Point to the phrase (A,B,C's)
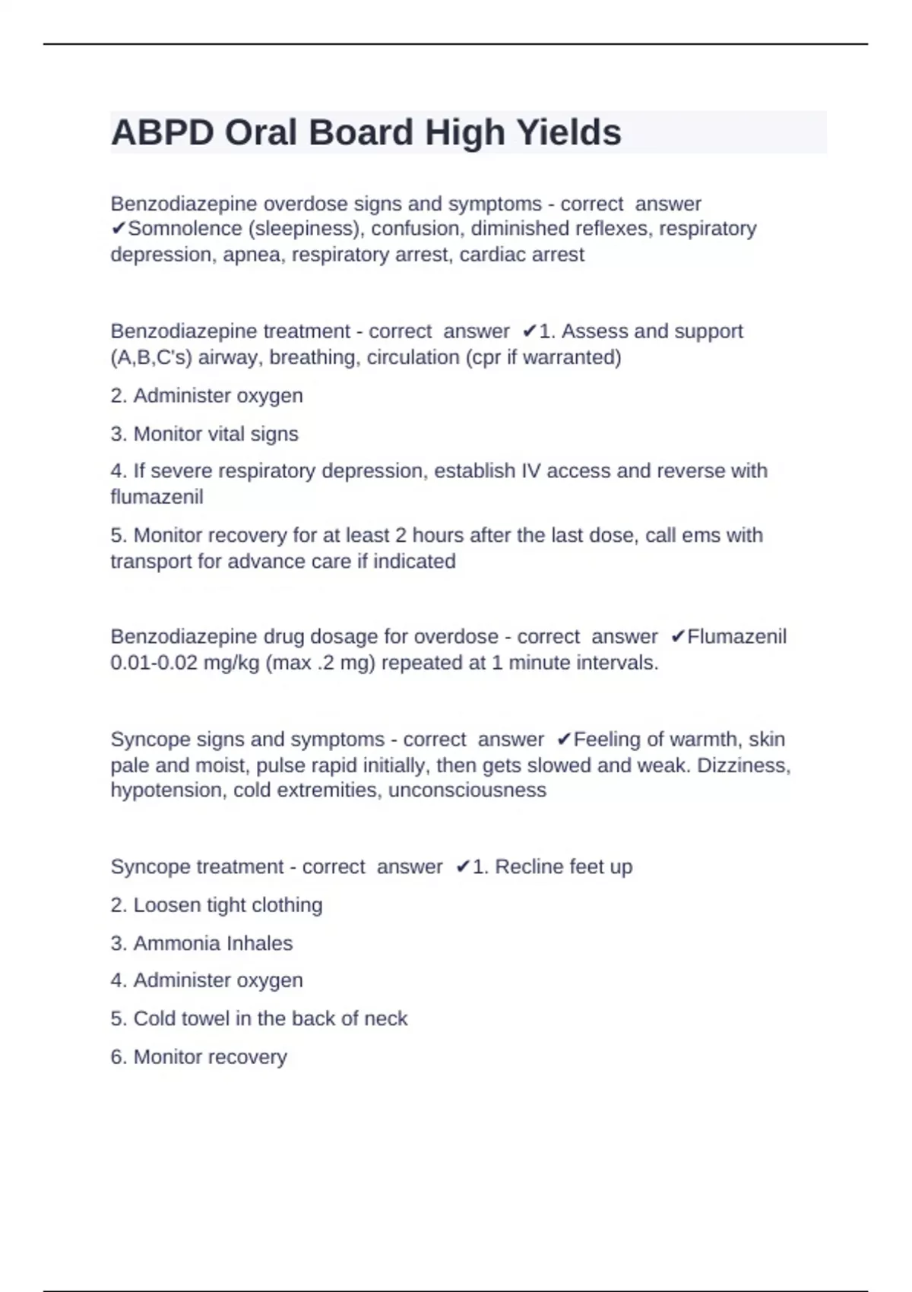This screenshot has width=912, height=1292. (x=150, y=357)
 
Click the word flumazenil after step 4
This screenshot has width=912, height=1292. (x=157, y=497)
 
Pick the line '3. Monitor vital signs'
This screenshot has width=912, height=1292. (x=204, y=434)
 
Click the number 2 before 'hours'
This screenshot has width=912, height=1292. (x=401, y=535)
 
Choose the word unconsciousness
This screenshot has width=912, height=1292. (x=467, y=790)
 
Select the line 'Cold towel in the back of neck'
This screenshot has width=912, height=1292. (x=259, y=1018)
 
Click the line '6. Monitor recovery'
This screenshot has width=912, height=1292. (x=199, y=1057)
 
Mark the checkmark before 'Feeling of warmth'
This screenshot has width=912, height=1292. (x=563, y=739)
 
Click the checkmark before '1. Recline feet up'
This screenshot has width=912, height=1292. (x=462, y=867)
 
